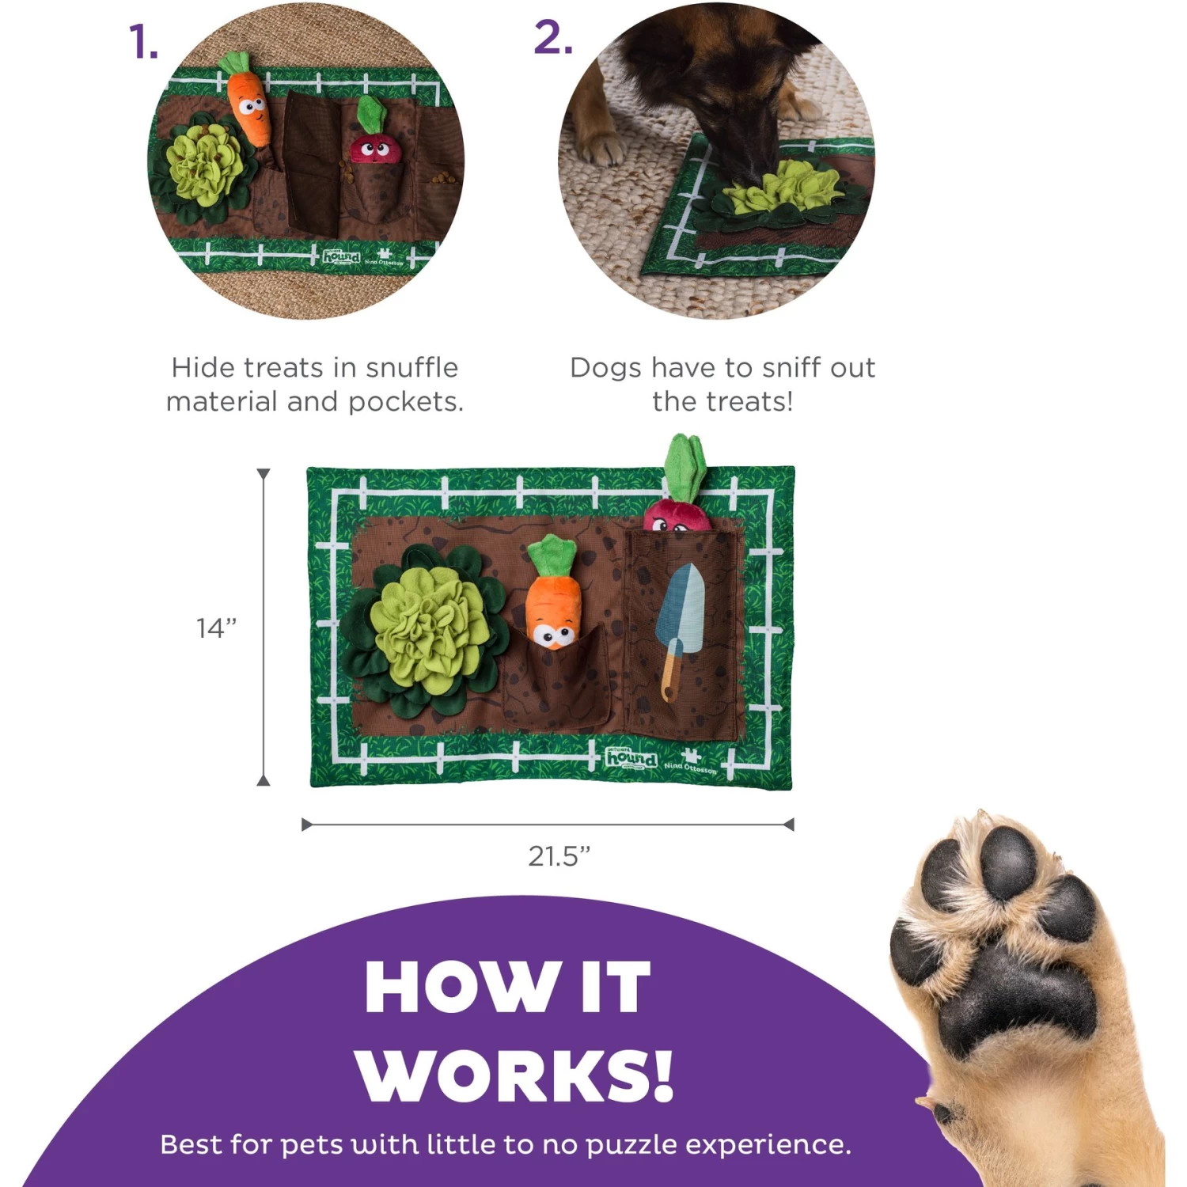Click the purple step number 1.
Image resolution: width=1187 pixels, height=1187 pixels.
pos(143,42)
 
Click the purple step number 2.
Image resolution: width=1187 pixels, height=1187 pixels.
pos(552,38)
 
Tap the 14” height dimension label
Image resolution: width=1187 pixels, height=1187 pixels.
pos(216,628)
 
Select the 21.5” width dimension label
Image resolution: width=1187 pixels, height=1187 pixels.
pos(559,856)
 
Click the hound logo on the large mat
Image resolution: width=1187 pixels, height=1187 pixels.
pos(631,758)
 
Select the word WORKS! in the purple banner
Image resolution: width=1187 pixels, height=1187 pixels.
pos(514,1076)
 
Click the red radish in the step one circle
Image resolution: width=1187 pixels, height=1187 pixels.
pos(369,146)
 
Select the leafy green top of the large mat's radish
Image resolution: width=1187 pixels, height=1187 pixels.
pos(685,467)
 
